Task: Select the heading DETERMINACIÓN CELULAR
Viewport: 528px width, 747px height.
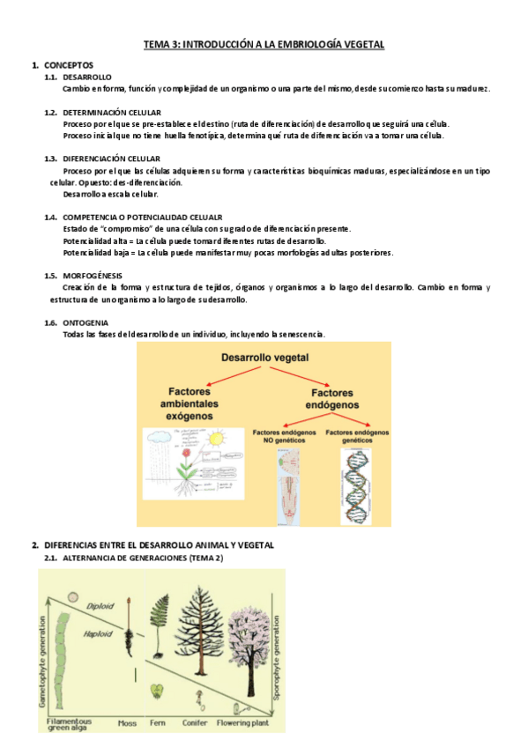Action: tap(111, 113)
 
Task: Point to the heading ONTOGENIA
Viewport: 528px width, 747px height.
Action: tap(85, 322)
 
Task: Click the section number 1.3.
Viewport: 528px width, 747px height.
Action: tap(51, 159)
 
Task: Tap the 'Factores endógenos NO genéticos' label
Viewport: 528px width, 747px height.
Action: tap(283, 438)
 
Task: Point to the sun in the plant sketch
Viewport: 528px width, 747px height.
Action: tap(216, 438)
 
